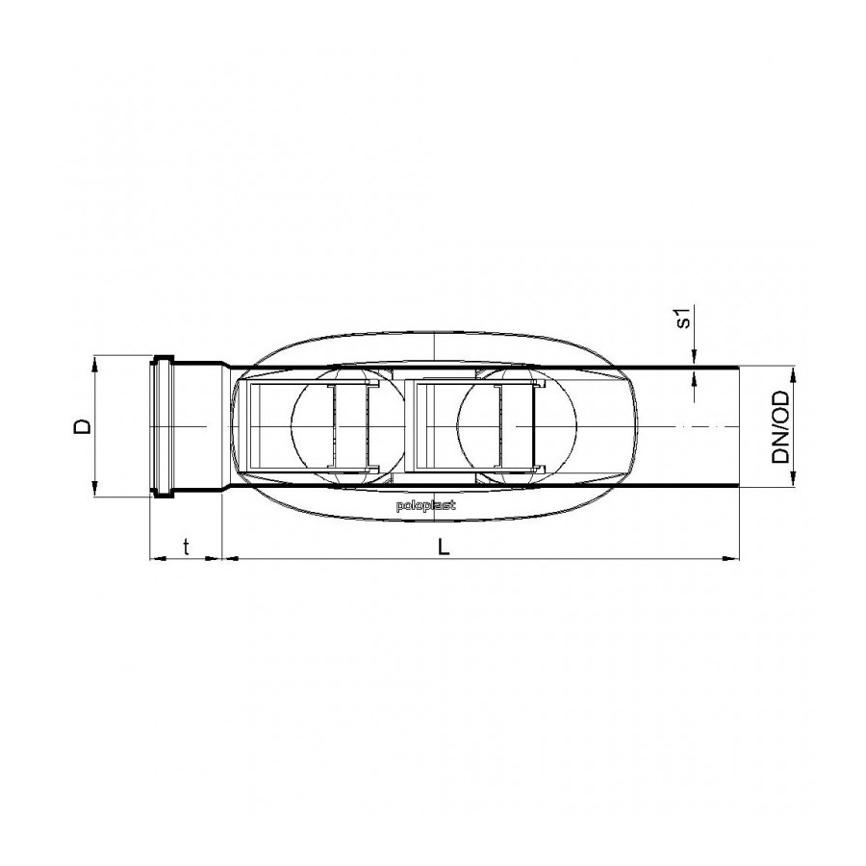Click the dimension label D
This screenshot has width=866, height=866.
[x=84, y=426]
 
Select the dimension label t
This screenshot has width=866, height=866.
[x=187, y=547]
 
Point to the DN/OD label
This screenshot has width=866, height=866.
[x=780, y=427]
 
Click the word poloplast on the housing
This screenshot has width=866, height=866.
[x=426, y=504]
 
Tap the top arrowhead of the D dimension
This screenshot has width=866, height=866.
[x=95, y=362]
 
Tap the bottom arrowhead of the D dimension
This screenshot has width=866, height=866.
[x=95, y=491]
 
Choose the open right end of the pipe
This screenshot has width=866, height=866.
[x=738, y=426]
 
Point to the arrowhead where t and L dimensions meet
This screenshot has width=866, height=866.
[x=222, y=557]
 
